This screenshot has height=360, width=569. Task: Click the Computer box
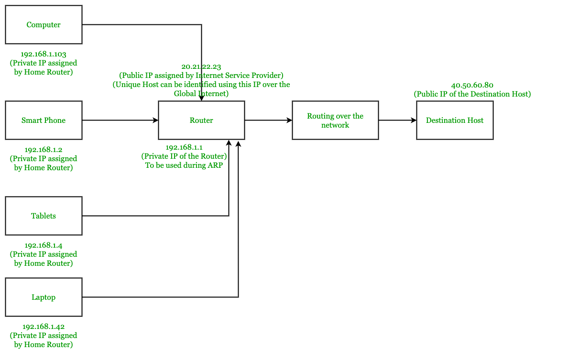44,25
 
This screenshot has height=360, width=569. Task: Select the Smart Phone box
44,120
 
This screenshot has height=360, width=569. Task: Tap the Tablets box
44,216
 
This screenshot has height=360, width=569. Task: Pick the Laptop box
44,297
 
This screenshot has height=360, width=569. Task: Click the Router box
201,120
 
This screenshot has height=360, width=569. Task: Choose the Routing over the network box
335,120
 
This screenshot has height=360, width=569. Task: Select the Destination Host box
455,120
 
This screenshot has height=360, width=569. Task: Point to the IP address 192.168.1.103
44,54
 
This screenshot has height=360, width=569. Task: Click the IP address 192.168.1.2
44,150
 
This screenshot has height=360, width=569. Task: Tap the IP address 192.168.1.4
44,245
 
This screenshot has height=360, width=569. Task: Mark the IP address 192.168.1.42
44,327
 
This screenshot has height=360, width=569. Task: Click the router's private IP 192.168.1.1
184,147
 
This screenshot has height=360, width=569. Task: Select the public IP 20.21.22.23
201,66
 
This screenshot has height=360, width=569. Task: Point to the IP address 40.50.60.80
472,85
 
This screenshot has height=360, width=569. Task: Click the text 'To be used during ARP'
184,165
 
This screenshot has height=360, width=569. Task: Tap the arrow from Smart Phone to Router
120,120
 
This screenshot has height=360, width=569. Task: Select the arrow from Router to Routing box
268,120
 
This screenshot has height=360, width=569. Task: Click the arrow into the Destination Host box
397,120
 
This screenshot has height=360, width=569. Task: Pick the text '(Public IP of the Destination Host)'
472,94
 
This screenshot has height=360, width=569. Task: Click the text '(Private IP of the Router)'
184,156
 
